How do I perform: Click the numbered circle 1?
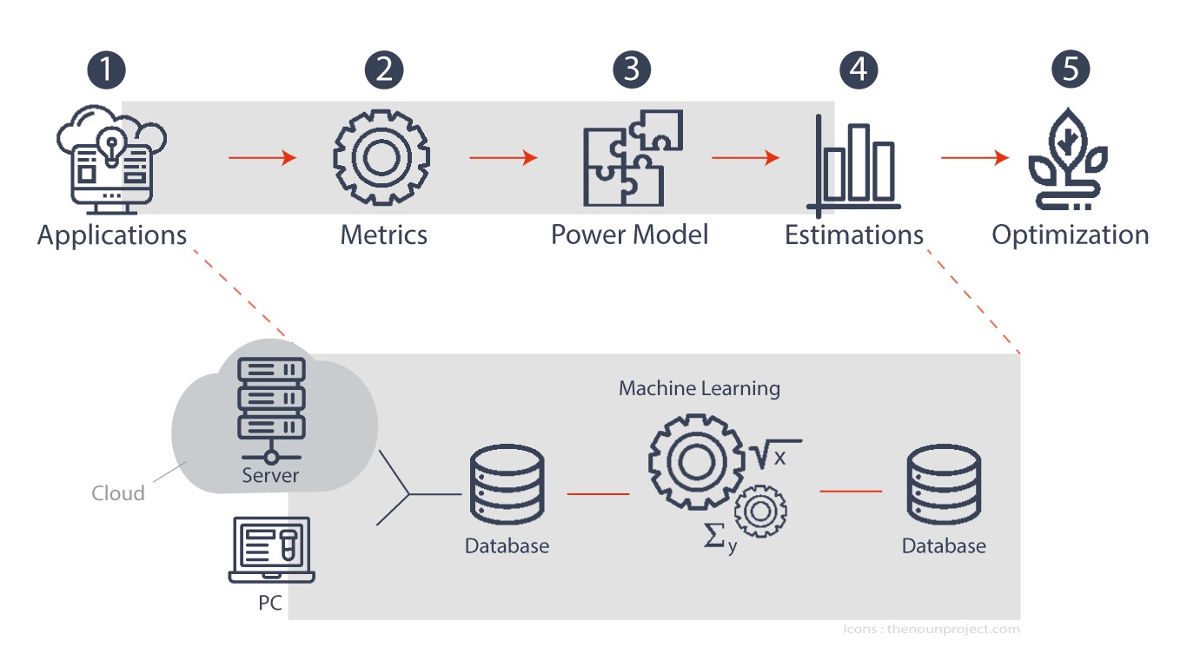(x=107, y=70)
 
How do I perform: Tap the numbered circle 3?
(x=632, y=70)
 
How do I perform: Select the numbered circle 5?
(x=1071, y=70)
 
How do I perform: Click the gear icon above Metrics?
(x=381, y=158)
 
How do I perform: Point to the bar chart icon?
(x=854, y=165)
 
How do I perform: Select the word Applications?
(x=112, y=235)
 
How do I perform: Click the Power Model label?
(x=630, y=234)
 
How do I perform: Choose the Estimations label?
(x=854, y=235)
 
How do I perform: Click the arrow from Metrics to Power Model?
(x=503, y=158)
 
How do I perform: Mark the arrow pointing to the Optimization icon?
(x=975, y=158)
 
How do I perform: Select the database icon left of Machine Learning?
(x=507, y=485)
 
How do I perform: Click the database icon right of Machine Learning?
(x=944, y=485)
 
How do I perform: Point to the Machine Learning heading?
(x=700, y=388)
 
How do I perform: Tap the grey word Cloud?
(x=118, y=493)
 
